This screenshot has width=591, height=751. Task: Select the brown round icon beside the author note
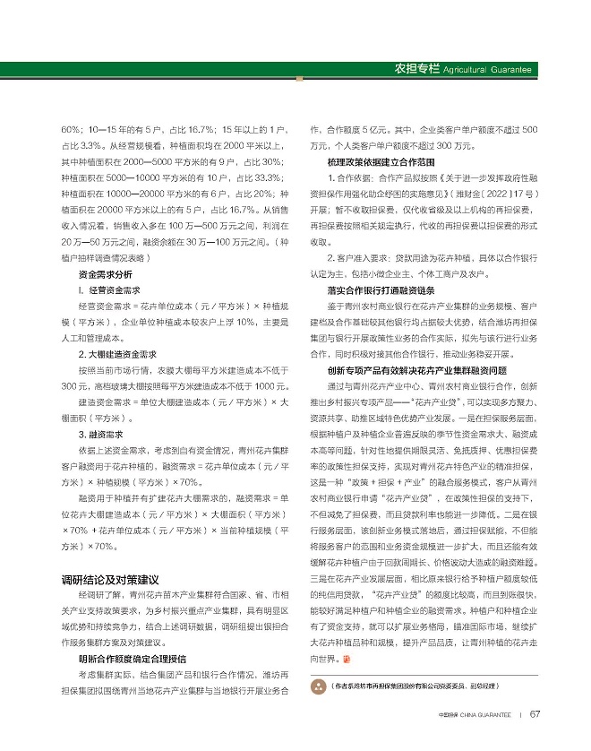tap(317, 686)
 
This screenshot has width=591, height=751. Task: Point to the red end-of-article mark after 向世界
tap(348, 659)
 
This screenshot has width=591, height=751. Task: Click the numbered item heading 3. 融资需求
tap(103, 434)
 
